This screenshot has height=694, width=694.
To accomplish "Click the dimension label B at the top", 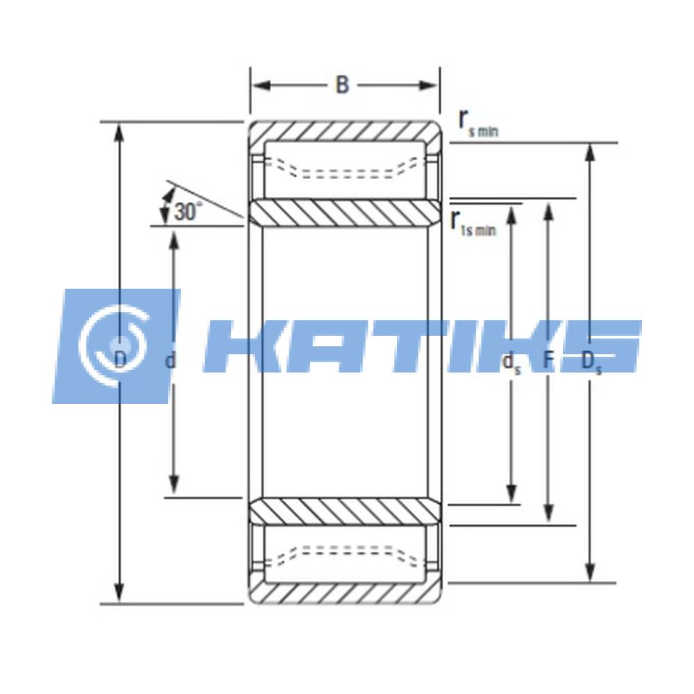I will pos(342,85).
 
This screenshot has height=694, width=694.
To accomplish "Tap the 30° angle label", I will pos(188,211).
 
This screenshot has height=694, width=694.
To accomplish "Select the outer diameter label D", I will pos(119,359).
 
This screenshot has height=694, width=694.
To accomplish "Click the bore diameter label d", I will pos(171,360).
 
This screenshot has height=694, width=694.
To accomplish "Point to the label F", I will pos(548,360).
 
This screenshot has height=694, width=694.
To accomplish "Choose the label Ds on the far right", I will pos(591,361).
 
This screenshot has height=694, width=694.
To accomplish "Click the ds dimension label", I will pos(511,362).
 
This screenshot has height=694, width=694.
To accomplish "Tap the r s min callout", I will pos(477,123).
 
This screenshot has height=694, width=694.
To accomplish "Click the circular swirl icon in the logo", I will pos(115,343).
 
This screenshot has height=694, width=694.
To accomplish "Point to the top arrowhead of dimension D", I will pos(119,132).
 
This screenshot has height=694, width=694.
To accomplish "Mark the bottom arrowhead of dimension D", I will pos(119,593).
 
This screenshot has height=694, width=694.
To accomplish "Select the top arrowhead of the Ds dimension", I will pos(590,153).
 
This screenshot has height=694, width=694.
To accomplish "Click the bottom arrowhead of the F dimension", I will pos(548,514).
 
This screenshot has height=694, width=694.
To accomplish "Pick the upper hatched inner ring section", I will pos(344,213).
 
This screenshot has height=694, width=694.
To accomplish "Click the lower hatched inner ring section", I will pos(344,510).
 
